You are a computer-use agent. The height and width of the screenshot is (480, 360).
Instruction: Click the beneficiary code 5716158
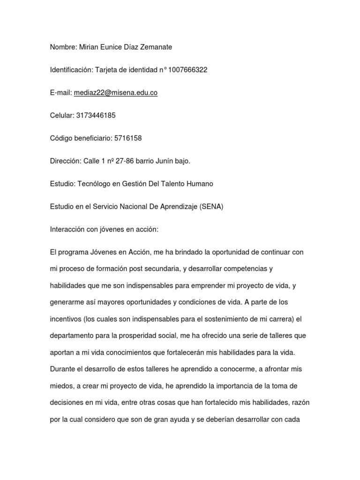128,138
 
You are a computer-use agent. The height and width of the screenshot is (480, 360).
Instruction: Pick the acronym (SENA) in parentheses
211,207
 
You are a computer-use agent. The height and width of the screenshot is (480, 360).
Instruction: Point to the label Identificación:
72,70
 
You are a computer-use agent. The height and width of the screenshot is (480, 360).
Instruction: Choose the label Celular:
61,115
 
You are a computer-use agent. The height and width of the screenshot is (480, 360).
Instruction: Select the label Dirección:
66,161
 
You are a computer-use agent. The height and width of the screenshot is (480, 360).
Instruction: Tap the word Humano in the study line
200,184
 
